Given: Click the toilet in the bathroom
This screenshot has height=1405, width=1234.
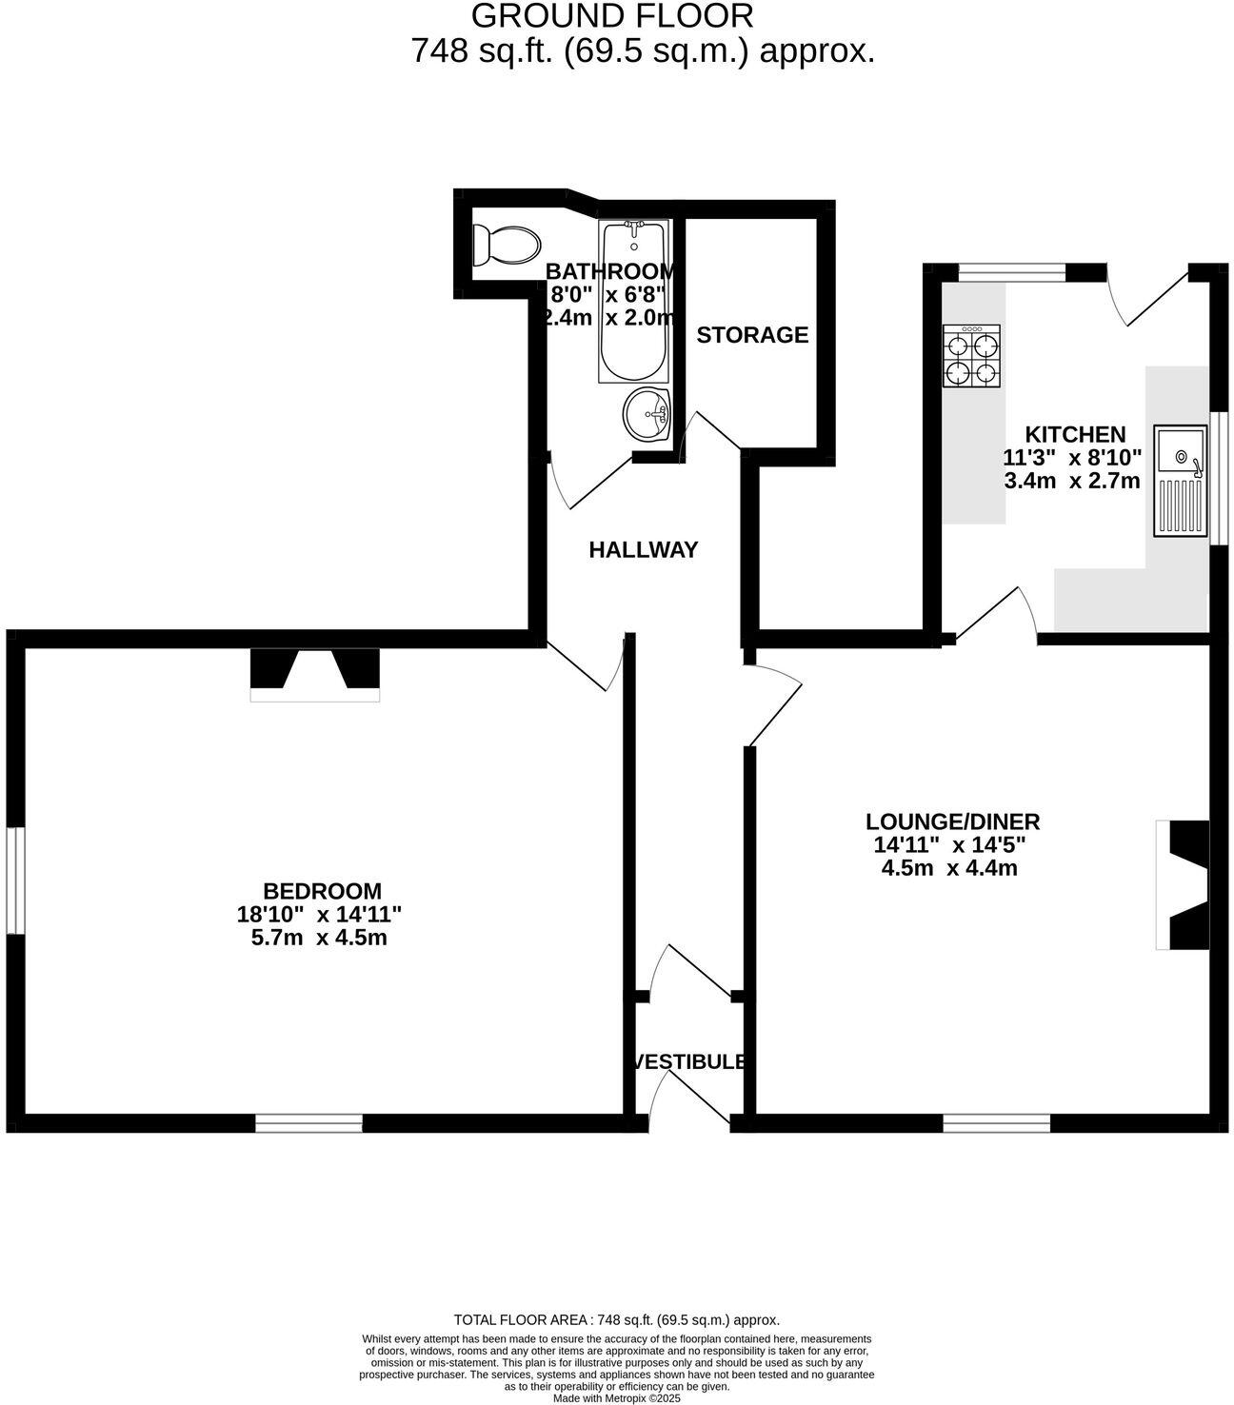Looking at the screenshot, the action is (507, 246).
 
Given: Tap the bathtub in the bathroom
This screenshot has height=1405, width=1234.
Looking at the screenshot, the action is (633, 301).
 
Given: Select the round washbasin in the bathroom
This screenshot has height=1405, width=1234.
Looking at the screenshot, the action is (646, 414).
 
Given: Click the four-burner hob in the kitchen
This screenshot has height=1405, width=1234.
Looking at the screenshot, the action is (971, 356).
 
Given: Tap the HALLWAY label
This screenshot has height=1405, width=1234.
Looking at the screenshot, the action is (643, 550).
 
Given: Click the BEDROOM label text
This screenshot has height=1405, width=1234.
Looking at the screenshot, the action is (322, 890).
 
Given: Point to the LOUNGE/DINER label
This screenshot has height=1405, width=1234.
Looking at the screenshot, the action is (952, 821).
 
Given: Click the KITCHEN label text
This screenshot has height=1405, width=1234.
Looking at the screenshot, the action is (1075, 435).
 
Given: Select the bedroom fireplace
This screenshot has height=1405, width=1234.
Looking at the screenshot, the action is (315, 674).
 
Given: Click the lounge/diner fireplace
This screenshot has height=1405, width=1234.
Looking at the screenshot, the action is (1183, 885).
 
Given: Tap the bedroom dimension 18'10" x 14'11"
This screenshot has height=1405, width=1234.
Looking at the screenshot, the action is (320, 914).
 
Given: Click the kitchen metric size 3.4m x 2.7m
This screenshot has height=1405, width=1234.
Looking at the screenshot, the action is (1072, 481).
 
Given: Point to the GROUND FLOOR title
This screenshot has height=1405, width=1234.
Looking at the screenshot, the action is (612, 15).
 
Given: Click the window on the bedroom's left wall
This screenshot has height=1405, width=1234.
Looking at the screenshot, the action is (15, 881).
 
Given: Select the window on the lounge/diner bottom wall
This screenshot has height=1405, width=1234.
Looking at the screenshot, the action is (996, 1122).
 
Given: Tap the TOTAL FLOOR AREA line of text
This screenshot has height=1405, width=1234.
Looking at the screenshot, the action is (617, 1320).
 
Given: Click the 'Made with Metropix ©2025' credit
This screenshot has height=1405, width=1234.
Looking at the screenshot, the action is (617, 1398).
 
